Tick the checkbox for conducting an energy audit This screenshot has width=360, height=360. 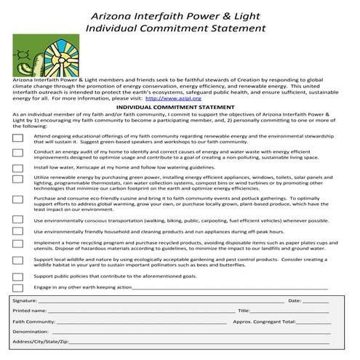tap(18, 153)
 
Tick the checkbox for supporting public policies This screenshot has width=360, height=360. tap(18, 277)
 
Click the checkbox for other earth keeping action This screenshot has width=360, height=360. tap(18, 288)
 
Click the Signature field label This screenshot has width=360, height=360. tap(25, 300)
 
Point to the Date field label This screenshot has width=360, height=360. tap(295, 300)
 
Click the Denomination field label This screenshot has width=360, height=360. tap(30, 331)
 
